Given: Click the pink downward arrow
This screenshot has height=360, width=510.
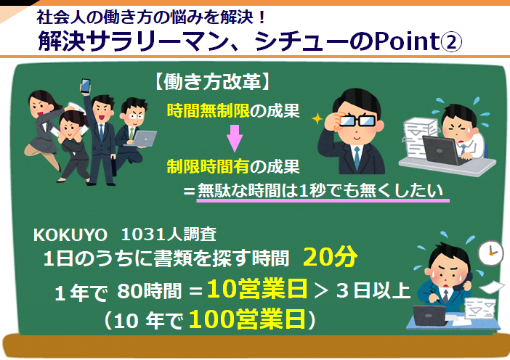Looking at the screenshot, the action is pos(234,139).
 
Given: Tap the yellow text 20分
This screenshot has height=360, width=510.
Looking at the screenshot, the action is pos(330,257).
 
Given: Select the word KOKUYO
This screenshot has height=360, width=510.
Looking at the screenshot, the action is pos(70,234).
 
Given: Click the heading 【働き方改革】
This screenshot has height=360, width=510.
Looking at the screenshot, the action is pos(212,81).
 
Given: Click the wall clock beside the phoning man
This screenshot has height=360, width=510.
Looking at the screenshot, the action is pos(491,253).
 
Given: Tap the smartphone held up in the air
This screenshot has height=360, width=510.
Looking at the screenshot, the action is pos(85,86).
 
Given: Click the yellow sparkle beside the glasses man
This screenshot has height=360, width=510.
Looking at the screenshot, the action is pos(317,118).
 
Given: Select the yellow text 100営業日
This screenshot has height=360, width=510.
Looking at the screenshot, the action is pos(247,319).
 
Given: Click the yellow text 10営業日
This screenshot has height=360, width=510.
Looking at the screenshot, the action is pos(257,289).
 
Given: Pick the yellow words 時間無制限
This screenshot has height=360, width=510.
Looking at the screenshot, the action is pos(209,111).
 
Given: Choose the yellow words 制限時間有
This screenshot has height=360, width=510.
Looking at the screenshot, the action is pos(209,167).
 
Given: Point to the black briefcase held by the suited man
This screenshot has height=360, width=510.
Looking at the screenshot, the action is pos(114,167).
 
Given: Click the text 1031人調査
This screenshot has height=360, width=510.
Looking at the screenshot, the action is pos(169,234).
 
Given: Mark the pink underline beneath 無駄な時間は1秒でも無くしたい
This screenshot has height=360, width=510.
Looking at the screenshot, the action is pos(323,200).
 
